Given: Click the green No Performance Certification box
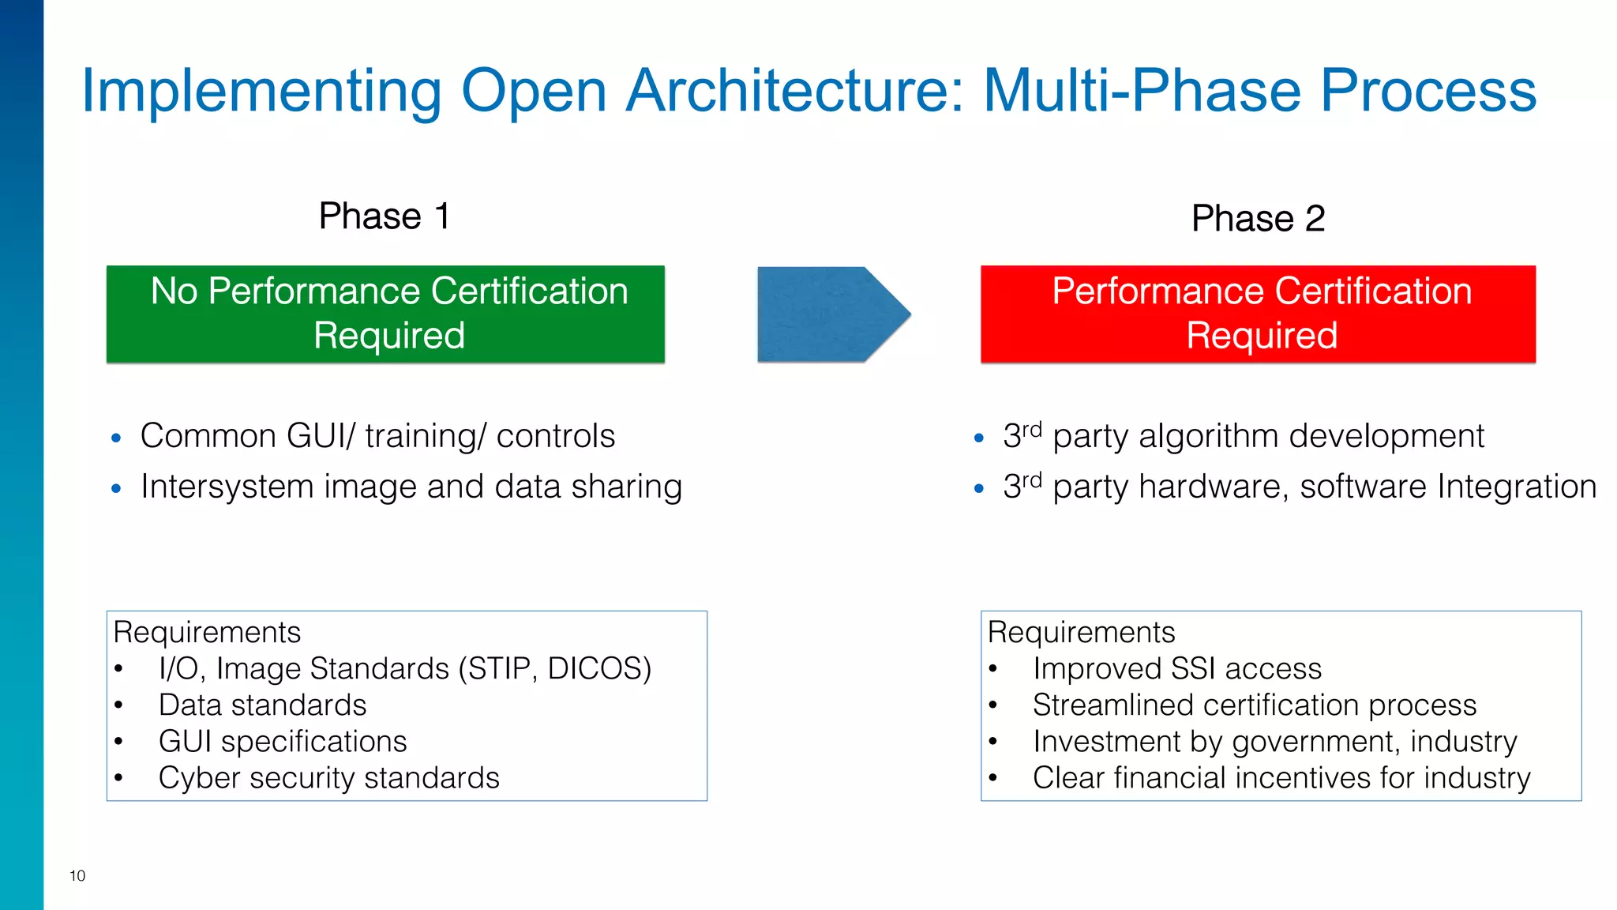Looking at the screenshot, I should pyautogui.click(x=385, y=314).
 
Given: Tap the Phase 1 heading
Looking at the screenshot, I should pyautogui.click(x=385, y=216).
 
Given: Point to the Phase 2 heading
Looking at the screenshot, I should pyautogui.click(x=1258, y=219).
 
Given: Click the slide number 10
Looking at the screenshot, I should pyautogui.click(x=77, y=875).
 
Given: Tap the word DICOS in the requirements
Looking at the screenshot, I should pyautogui.click(x=599, y=669).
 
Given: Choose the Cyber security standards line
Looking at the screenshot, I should pyautogui.click(x=328, y=778).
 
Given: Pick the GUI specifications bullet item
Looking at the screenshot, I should pyautogui.click(x=283, y=742).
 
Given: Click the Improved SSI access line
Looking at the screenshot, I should pyautogui.click(x=1176, y=669).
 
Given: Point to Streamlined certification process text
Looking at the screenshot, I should pyautogui.click(x=1254, y=705).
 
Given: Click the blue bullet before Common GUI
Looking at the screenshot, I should pyautogui.click(x=116, y=438).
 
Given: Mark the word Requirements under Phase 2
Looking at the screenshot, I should pyautogui.click(x=1081, y=633).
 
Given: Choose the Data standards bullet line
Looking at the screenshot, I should pyautogui.click(x=262, y=705).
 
